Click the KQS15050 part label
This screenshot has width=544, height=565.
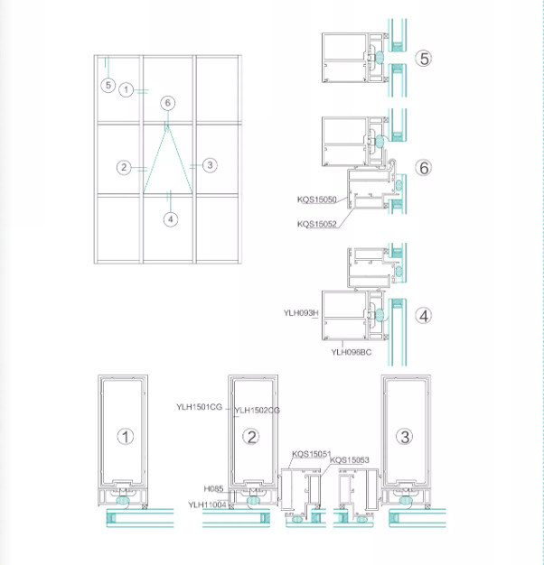click(x=317, y=199)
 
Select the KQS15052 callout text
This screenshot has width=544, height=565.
click(x=317, y=224)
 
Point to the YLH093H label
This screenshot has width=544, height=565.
click(x=301, y=313)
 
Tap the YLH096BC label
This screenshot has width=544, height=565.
click(x=351, y=352)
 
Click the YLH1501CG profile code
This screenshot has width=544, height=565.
click(x=199, y=407)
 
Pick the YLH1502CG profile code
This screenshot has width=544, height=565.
click(x=257, y=410)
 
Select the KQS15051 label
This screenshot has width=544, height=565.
click(x=312, y=454)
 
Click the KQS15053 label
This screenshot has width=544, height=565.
click(x=349, y=460)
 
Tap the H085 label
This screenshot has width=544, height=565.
click(x=213, y=489)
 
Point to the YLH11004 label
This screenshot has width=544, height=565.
click(x=207, y=505)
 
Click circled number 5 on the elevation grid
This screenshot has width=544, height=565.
click(x=108, y=86)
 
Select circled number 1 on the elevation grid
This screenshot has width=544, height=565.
click(x=126, y=89)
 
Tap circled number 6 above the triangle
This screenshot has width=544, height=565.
click(x=168, y=103)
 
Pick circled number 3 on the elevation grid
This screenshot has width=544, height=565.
click(x=210, y=165)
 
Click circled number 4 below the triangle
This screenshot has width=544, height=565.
click(x=171, y=219)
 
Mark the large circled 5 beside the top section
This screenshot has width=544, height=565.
click(x=424, y=59)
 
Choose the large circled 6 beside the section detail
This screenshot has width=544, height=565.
click(x=424, y=168)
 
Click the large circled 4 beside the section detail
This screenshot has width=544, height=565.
click(x=424, y=316)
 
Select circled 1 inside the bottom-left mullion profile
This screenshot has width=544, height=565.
click(x=126, y=436)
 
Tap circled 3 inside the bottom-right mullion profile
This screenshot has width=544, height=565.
click(x=405, y=437)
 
